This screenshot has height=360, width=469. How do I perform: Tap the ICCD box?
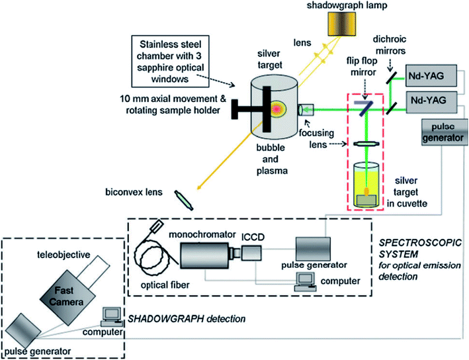click(x=253, y=252)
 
